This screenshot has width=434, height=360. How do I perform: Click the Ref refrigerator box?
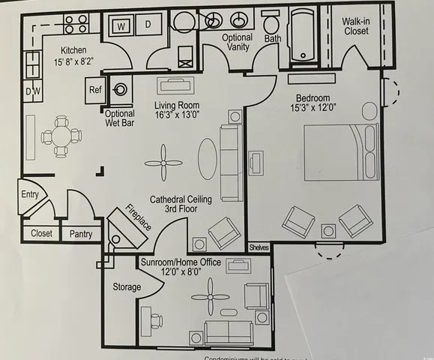(x=96, y=88)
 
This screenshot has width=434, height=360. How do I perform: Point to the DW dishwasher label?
(x=34, y=91)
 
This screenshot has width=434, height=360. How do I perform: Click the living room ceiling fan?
(x=164, y=163)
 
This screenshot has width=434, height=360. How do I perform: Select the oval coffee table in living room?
(x=210, y=158)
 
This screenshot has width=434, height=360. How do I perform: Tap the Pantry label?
(x=80, y=234)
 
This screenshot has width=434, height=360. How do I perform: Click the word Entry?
(x=30, y=194)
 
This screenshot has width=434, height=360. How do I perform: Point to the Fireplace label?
(x=138, y=216)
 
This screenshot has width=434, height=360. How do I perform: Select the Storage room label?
(x=127, y=287)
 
